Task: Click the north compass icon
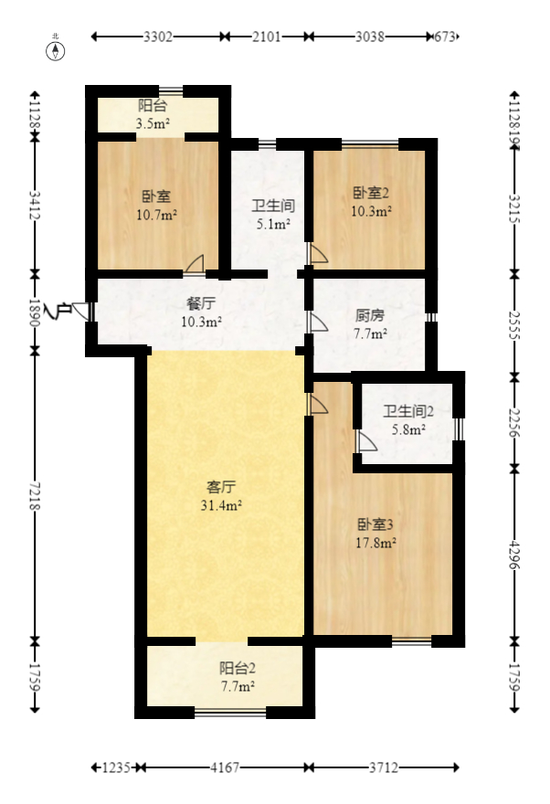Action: (57, 49)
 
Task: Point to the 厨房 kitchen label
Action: (369, 316)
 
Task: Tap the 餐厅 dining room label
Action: (201, 304)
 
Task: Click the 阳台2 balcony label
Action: (237, 668)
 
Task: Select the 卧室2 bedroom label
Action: (372, 193)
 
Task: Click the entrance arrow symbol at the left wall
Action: (63, 312)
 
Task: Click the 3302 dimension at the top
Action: (158, 37)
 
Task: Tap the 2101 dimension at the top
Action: (266, 37)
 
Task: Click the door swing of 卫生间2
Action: (366, 442)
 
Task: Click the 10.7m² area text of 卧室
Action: (157, 216)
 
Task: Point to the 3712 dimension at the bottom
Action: (383, 767)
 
